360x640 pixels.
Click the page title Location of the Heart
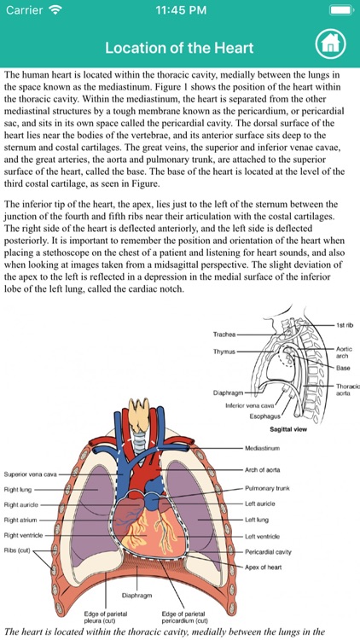[x=180, y=47]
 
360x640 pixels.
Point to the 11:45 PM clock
[x=179, y=10]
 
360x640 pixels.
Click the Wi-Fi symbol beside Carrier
[x=56, y=10]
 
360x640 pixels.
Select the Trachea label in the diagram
[x=224, y=335]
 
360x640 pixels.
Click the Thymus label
[x=224, y=350]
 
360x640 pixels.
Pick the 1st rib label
[x=345, y=326]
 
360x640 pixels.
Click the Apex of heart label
[x=264, y=567]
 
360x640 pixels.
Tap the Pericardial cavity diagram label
[x=269, y=552]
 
